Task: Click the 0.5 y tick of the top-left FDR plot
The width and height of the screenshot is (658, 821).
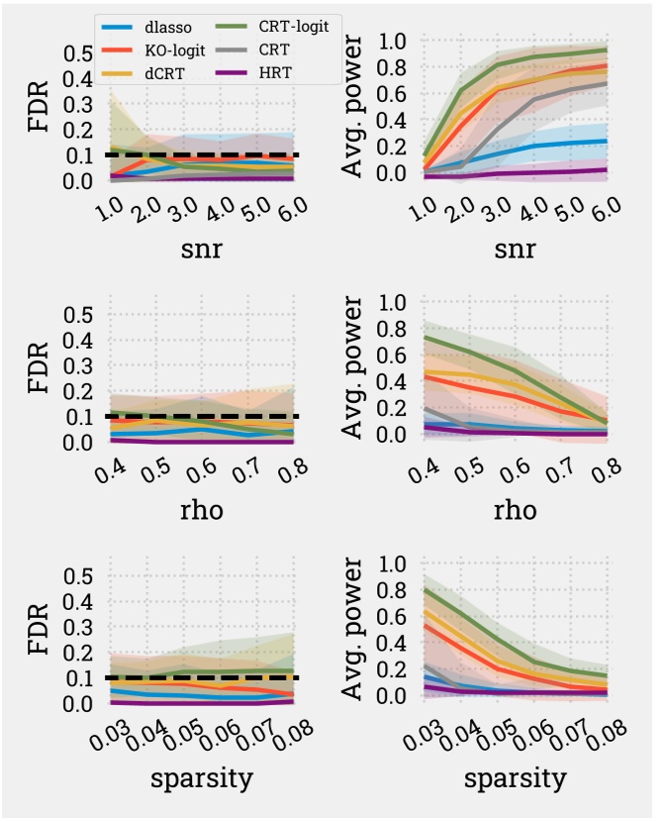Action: (x=78, y=52)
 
